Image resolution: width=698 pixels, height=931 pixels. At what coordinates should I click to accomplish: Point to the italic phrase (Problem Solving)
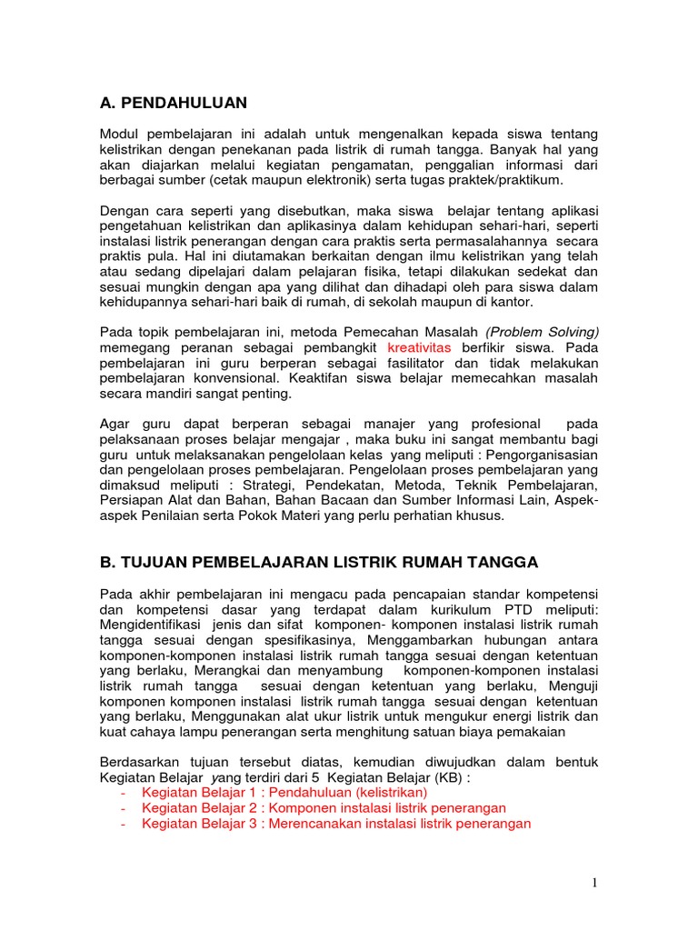543,332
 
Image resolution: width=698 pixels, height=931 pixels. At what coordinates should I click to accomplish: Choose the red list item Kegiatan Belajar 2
324,807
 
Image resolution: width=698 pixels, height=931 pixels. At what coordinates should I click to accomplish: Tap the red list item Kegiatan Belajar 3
336,823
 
